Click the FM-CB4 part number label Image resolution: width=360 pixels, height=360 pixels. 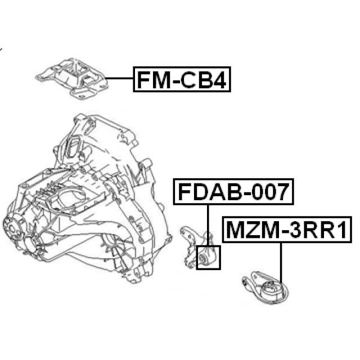coord(181,79)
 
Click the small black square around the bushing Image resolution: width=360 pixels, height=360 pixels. coord(208,258)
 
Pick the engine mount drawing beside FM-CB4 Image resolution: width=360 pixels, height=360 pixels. coord(71,78)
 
